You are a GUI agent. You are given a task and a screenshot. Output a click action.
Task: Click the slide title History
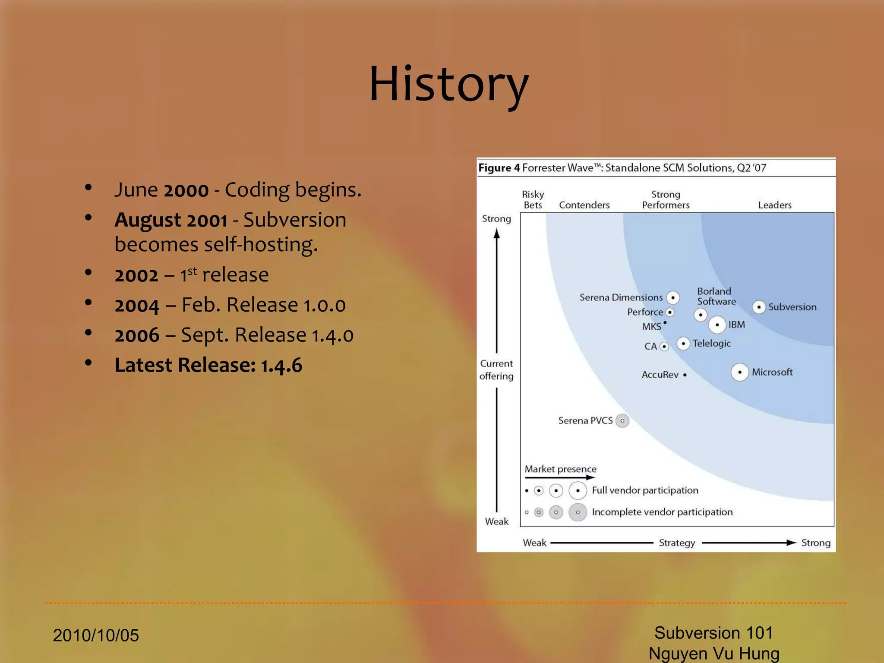pyautogui.click(x=448, y=84)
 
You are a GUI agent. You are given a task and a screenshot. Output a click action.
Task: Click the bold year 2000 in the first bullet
pyautogui.click(x=186, y=190)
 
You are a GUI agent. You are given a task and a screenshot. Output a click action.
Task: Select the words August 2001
pyautogui.click(x=171, y=220)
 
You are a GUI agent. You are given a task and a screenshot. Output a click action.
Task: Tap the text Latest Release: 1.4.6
pyautogui.click(x=208, y=365)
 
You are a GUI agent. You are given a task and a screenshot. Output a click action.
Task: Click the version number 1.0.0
pyautogui.click(x=324, y=306)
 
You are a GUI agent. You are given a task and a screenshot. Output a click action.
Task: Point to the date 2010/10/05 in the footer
pyautogui.click(x=96, y=635)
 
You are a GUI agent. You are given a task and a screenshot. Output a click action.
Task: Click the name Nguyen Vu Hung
pyautogui.click(x=714, y=654)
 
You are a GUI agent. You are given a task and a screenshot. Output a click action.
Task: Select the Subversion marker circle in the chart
pyautogui.click(x=759, y=307)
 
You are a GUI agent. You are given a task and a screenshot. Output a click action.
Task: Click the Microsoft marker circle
pyautogui.click(x=739, y=372)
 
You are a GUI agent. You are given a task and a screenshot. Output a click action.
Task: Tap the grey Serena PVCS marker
pyautogui.click(x=622, y=420)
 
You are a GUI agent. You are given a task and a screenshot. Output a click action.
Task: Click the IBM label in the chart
pyautogui.click(x=736, y=325)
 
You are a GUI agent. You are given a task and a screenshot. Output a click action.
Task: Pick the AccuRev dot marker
pyautogui.click(x=685, y=375)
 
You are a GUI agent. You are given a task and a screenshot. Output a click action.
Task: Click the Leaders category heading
pyautogui.click(x=775, y=205)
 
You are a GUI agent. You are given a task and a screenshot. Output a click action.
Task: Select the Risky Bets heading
pyautogui.click(x=533, y=200)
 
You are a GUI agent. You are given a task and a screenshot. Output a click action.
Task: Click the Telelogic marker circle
pyautogui.click(x=683, y=344)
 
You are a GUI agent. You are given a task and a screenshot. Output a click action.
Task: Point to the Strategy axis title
pyautogui.click(x=676, y=543)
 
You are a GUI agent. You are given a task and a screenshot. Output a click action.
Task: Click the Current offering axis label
pyautogui.click(x=496, y=370)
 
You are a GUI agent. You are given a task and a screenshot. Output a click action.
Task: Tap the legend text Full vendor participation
pyautogui.click(x=645, y=490)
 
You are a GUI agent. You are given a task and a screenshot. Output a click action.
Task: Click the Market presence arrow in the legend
pyautogui.click(x=560, y=477)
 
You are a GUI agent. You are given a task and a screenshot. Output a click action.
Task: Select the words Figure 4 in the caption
pyautogui.click(x=499, y=168)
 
